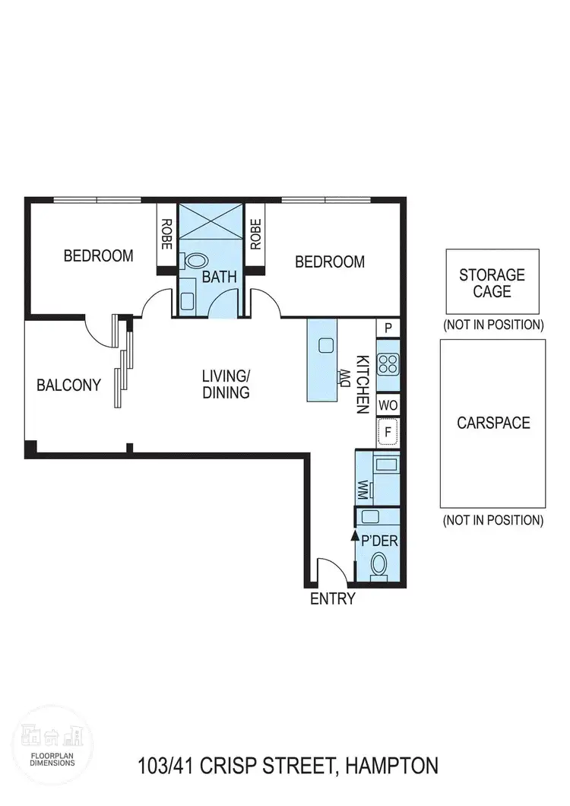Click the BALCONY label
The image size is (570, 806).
[x=68, y=386]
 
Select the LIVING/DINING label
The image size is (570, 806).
[x=226, y=384]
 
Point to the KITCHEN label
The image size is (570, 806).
[x=363, y=384]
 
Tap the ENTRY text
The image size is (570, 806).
[x=333, y=598]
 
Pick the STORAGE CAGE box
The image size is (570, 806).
[x=492, y=282]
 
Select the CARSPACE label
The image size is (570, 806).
[x=493, y=424]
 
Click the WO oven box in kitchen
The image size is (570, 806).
[x=388, y=404]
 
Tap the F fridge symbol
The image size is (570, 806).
[x=388, y=432]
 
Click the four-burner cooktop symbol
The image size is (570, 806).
[x=388, y=366]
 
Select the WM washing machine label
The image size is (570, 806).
[x=363, y=488]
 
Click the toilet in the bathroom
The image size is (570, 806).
[x=195, y=261]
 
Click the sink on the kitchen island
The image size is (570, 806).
[x=327, y=345]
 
